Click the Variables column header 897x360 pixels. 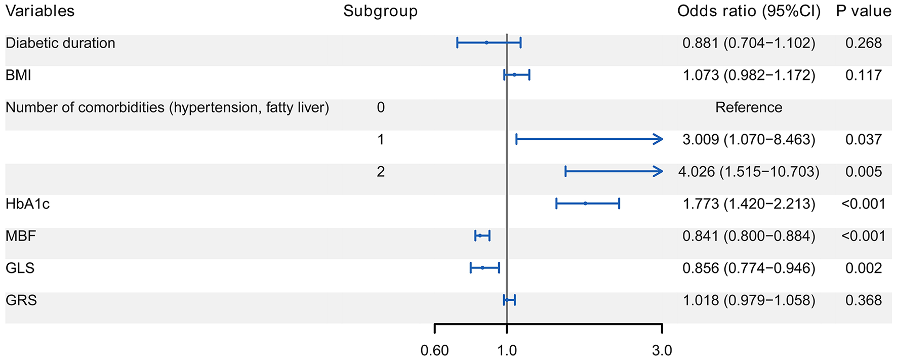coord(40,11)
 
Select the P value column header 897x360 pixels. coord(863,11)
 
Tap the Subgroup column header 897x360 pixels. coord(380,11)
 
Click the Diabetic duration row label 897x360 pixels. coord(60,43)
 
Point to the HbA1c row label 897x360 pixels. coord(27,204)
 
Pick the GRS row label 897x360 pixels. coord(21,300)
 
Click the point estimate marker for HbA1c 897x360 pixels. coord(585,204)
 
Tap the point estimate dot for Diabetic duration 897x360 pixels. coord(486,43)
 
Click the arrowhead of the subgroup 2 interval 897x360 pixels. coord(659,172)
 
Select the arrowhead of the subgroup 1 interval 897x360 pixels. coord(659,139)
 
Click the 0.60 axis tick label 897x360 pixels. coord(434,350)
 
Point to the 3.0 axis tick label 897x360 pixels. coord(662,350)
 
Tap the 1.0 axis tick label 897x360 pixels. coord(507,350)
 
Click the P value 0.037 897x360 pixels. coord(863,140)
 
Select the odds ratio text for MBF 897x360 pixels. coord(748,236)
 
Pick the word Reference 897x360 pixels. coord(748,107)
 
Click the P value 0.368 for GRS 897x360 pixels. coord(863,300)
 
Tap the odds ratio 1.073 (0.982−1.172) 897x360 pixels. coord(748,75)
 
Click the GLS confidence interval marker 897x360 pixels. coord(483,268)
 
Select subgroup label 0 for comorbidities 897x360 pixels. coord(381,107)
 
